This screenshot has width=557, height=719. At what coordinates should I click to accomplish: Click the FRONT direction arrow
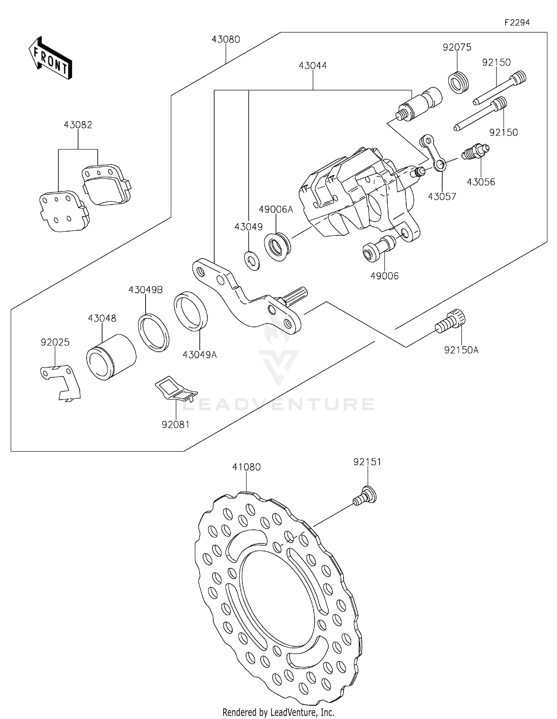(50, 58)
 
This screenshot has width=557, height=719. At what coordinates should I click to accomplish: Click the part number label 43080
(226, 39)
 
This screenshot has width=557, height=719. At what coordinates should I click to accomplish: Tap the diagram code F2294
(517, 23)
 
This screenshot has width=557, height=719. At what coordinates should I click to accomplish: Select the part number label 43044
(313, 66)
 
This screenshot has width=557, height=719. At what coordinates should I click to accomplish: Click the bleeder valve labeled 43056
(475, 151)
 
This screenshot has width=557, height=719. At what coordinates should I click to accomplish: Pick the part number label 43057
(442, 197)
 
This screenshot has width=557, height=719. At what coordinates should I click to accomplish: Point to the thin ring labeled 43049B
(154, 332)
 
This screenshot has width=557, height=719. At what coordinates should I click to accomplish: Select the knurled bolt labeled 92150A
(451, 322)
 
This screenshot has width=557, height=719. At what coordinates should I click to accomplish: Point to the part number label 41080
(246, 467)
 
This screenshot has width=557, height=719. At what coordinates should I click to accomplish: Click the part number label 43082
(78, 125)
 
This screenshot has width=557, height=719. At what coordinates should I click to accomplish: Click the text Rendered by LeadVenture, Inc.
(278, 712)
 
